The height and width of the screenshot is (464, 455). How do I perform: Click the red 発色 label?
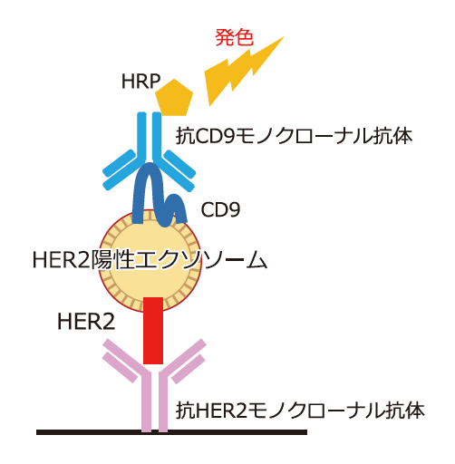click(x=234, y=38)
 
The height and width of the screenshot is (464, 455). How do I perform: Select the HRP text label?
click(x=140, y=82)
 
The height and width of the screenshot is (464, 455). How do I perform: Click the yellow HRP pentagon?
click(x=174, y=98)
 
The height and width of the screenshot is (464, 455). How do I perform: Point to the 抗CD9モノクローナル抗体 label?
click(x=294, y=136)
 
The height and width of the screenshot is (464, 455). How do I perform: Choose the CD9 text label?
click(x=220, y=209)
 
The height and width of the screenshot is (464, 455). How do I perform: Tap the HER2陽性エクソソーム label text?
click(x=150, y=259)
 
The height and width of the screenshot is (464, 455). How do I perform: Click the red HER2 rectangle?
click(x=153, y=331)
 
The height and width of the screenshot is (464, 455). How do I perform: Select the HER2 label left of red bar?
click(x=86, y=322)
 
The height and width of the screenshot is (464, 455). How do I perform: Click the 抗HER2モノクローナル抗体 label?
click(x=300, y=411)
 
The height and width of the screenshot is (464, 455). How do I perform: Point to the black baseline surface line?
click(x=171, y=432)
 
